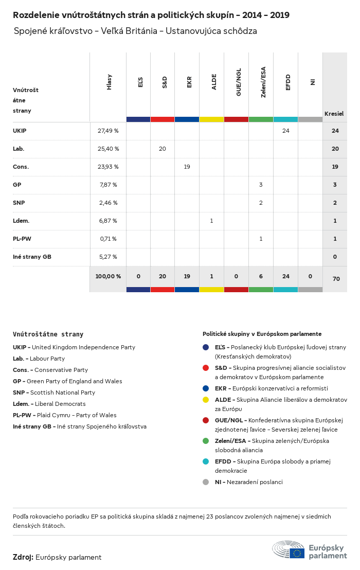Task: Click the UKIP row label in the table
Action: click(20, 131)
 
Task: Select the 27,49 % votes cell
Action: click(108, 131)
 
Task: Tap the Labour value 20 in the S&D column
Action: click(163, 149)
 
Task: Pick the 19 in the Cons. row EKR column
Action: click(187, 167)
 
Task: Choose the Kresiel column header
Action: click(334, 113)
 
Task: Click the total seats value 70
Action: click(336, 279)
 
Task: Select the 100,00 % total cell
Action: click(108, 276)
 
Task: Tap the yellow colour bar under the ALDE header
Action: click(212, 119)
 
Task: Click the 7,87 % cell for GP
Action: click(107, 185)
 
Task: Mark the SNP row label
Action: click(19, 203)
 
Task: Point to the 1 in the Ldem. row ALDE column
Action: click(211, 221)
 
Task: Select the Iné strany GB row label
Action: click(32, 257)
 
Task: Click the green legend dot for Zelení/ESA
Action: click(206, 441)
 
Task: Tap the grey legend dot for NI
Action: click(206, 482)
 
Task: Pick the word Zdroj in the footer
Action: click(23, 557)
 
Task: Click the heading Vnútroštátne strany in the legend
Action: click(48, 334)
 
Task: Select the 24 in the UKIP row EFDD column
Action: click(286, 131)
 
